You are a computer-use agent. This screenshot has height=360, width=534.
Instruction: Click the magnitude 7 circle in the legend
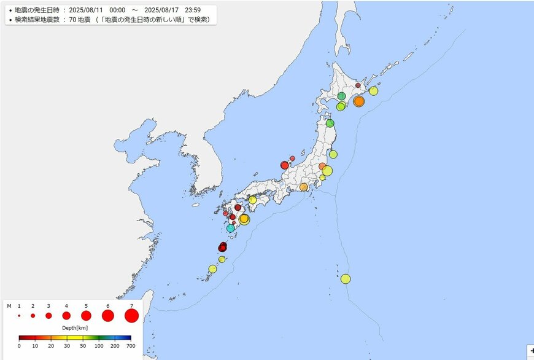coord(131,316)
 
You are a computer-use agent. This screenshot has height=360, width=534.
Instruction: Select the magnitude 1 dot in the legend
coord(19,316)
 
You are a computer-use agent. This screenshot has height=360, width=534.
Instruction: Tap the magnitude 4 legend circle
coord(66,316)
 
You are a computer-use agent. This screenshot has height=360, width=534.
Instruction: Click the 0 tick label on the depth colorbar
coord(19,346)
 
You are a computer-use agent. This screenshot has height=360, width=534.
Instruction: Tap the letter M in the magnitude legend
coord(9,305)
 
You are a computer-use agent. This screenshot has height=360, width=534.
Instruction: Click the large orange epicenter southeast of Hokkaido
coord(359,101)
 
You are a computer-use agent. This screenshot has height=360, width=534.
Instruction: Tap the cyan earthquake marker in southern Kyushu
coord(231,228)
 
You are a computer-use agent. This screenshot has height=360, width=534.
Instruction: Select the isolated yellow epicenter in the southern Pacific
coord(346,279)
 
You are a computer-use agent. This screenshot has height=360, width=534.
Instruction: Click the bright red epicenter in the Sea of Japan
coord(285,165)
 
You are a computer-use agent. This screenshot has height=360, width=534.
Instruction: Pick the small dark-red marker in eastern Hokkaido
coord(358,85)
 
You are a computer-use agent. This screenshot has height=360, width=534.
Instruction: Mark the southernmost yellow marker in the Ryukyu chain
coord(213,268)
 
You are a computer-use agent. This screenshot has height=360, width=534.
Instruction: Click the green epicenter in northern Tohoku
coord(330,123)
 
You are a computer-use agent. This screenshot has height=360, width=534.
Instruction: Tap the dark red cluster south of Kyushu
coord(223,247)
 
